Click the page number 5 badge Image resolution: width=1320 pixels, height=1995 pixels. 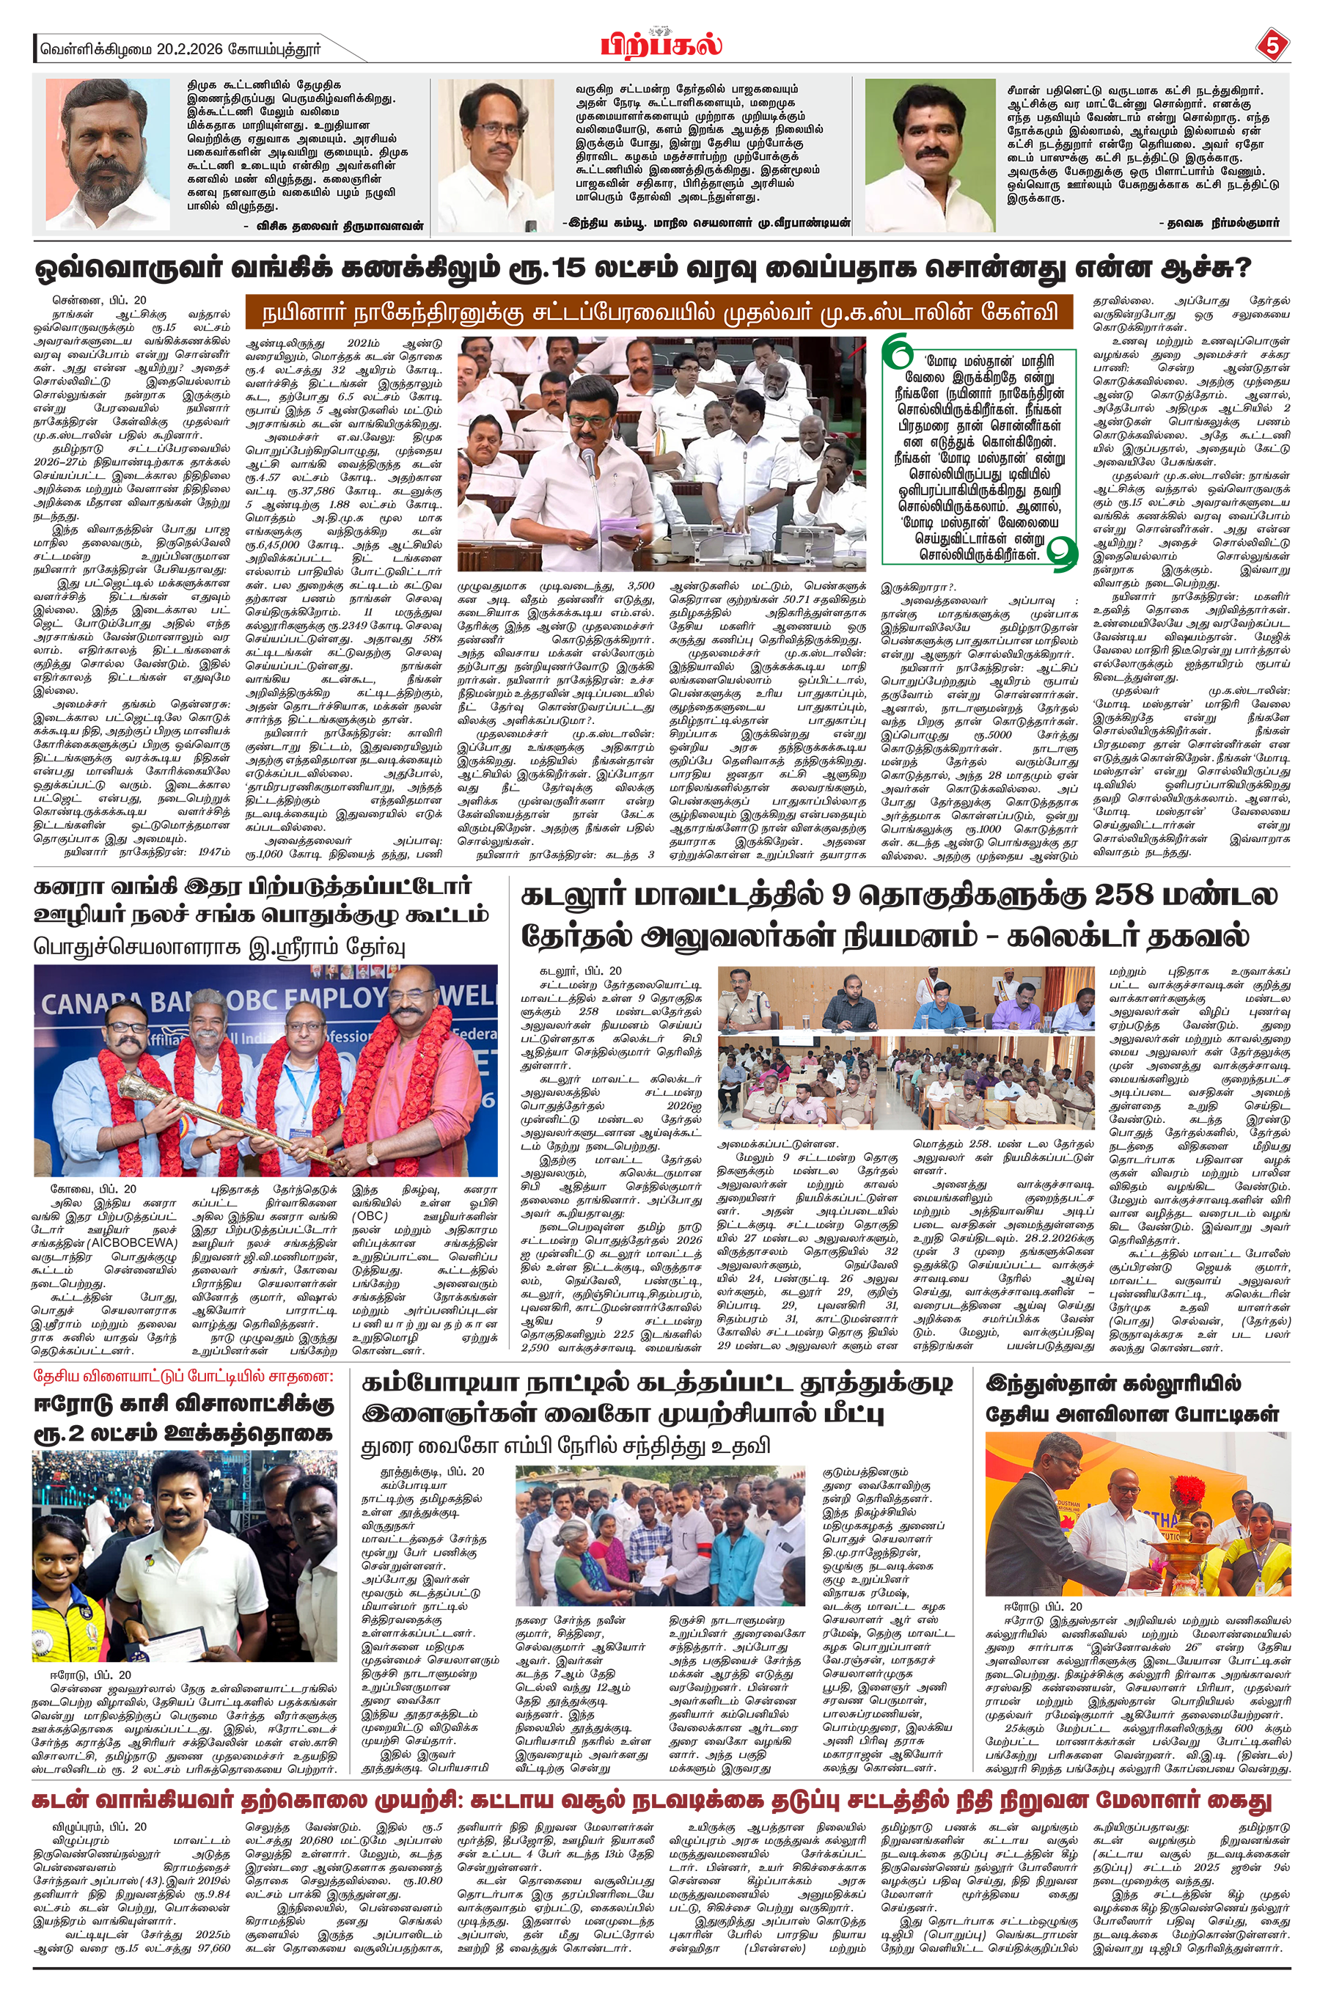tap(1271, 45)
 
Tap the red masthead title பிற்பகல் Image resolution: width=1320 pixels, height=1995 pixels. tap(661, 44)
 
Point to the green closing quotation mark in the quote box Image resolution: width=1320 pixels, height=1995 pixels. tap(1063, 551)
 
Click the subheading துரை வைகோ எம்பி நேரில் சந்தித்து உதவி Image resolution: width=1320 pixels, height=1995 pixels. tap(565, 1446)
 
